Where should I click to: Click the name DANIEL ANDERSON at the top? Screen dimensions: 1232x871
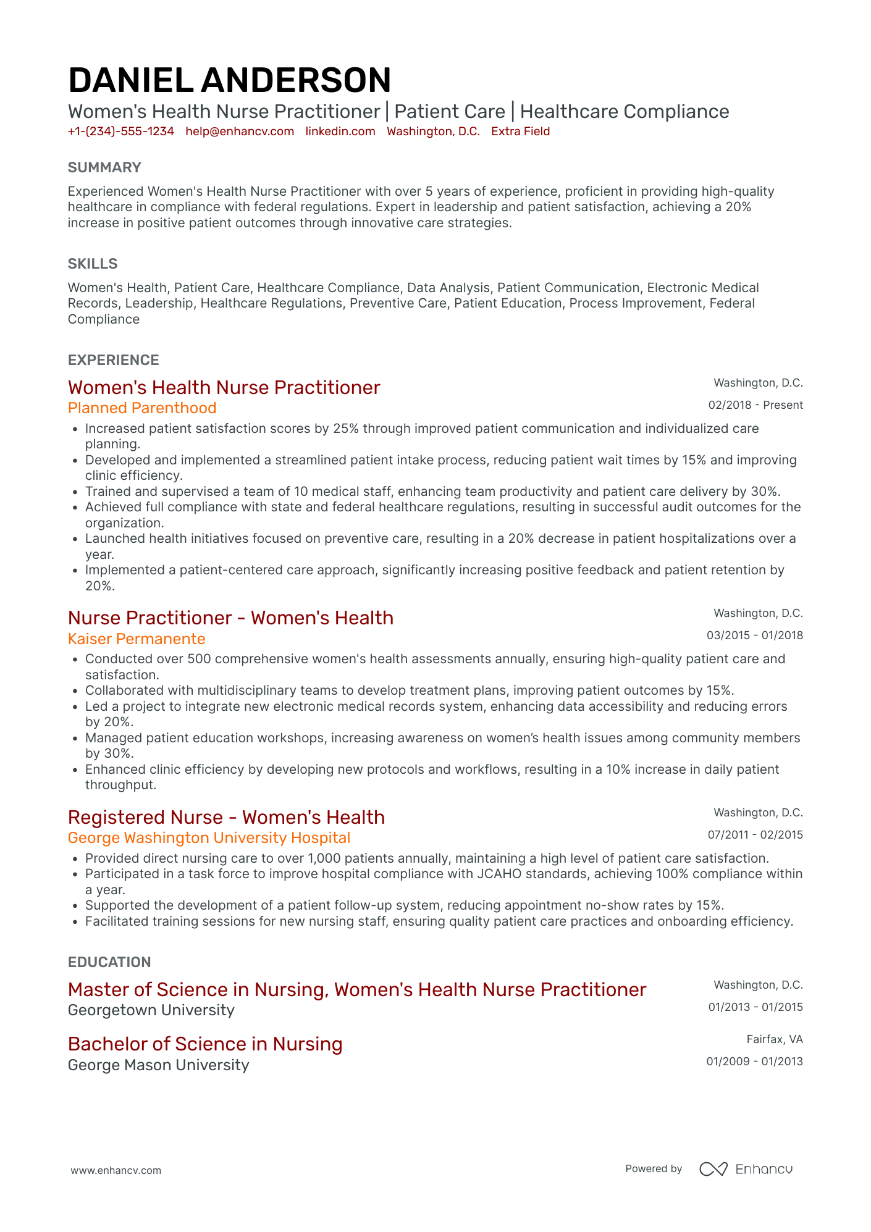point(229,80)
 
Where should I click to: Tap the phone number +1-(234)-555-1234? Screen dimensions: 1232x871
point(120,132)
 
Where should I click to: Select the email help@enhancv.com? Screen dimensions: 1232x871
point(240,132)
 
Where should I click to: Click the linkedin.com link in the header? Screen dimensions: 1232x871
point(340,132)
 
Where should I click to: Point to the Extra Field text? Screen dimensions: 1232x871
point(520,132)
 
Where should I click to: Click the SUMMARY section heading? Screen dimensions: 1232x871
point(104,167)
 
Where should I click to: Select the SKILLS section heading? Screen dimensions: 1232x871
point(93,264)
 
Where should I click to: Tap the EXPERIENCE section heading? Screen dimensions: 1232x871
point(113,360)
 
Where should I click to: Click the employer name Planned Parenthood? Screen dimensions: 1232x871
point(142,408)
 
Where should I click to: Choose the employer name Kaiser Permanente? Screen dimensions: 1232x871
point(137,639)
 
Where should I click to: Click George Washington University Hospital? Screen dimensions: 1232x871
point(209,838)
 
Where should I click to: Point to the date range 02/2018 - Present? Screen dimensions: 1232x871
point(755,405)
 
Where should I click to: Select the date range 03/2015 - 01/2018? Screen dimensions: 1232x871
point(754,635)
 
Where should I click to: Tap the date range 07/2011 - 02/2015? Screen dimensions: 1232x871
point(755,835)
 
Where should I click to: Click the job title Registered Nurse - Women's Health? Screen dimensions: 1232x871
point(226,817)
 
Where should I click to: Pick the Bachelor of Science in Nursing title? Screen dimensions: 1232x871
point(205,1044)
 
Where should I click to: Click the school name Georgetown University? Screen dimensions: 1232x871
point(151,1010)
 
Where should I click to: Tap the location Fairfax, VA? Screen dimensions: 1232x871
point(774,1039)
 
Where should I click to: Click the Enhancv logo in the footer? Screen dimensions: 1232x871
point(746,1169)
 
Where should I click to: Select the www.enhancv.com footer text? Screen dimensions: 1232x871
point(116,1170)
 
